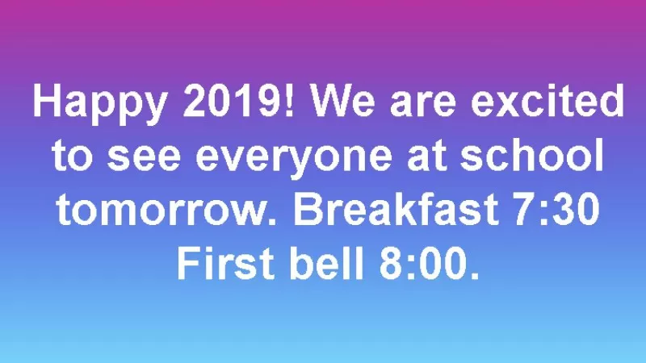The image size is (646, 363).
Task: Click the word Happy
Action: coord(100,104)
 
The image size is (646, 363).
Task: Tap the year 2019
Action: coord(232,100)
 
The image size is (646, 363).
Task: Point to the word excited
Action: coord(547,100)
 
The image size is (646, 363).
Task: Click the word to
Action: coord(72,156)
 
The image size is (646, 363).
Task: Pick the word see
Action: coord(144,158)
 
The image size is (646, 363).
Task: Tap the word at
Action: coord(427,156)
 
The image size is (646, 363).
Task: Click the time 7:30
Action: coord(556,209)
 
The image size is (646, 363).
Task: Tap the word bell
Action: coord(327,263)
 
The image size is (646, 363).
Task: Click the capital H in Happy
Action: coord(46,100)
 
